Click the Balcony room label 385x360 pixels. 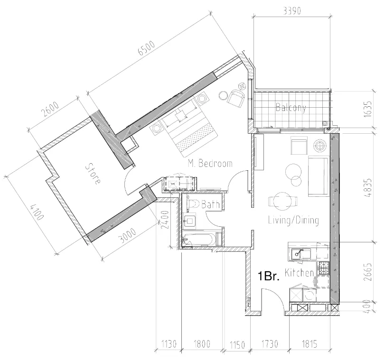pyautogui.click(x=291, y=108)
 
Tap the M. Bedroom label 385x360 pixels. pyautogui.click(x=210, y=164)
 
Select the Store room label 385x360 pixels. pyautogui.click(x=93, y=174)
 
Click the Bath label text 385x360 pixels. pyautogui.click(x=210, y=204)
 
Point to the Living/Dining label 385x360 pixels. pyautogui.click(x=293, y=220)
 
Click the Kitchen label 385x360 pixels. pyautogui.click(x=299, y=273)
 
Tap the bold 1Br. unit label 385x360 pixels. pyautogui.click(x=268, y=276)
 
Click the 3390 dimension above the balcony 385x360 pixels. pyautogui.click(x=292, y=10)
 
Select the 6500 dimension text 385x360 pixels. pyautogui.click(x=147, y=48)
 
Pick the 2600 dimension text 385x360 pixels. pyautogui.click(x=50, y=109)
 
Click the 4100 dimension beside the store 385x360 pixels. pyautogui.click(x=37, y=212)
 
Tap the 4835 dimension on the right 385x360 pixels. pyautogui.click(x=368, y=188)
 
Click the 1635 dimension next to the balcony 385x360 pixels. pyautogui.click(x=368, y=109)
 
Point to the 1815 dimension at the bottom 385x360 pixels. pyautogui.click(x=310, y=344)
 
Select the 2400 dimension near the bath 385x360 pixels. pyautogui.click(x=165, y=220)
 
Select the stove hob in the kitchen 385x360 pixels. pyautogui.click(x=324, y=268)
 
